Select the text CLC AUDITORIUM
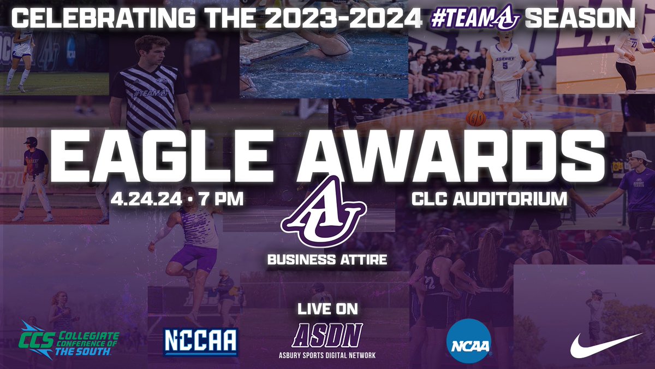pos(489,198)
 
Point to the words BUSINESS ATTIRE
pos(327,259)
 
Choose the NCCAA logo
pos(201,341)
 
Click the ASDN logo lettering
pos(326,334)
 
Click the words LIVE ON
pos(327,309)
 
